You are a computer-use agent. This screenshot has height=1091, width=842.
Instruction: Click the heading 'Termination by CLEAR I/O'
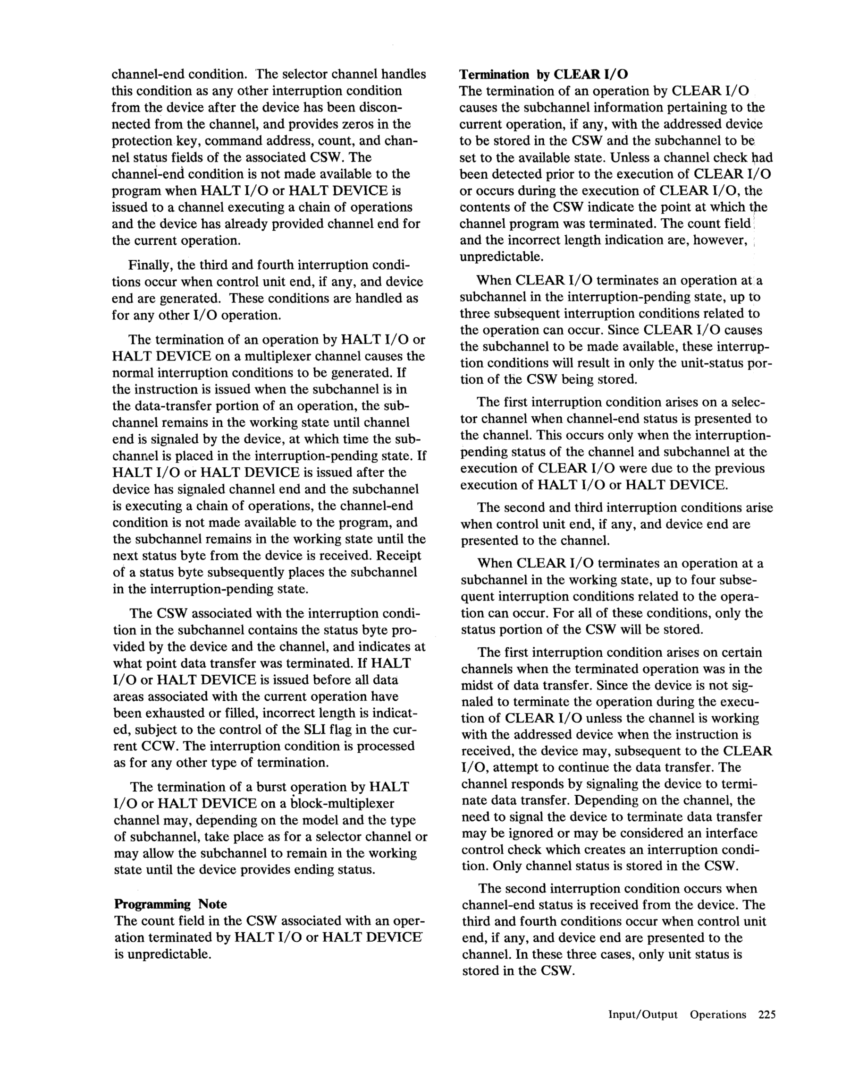(x=543, y=75)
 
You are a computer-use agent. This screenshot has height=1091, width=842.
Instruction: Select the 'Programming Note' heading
(x=170, y=904)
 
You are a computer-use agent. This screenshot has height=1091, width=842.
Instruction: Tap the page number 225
(x=766, y=1014)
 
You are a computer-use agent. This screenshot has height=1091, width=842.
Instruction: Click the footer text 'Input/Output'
(x=643, y=1014)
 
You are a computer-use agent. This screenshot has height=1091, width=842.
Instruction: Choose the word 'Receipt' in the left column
(x=399, y=556)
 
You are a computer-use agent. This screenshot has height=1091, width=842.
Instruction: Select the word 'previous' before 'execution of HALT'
(x=737, y=469)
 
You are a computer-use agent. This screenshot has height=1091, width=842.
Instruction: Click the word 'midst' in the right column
(x=476, y=686)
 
